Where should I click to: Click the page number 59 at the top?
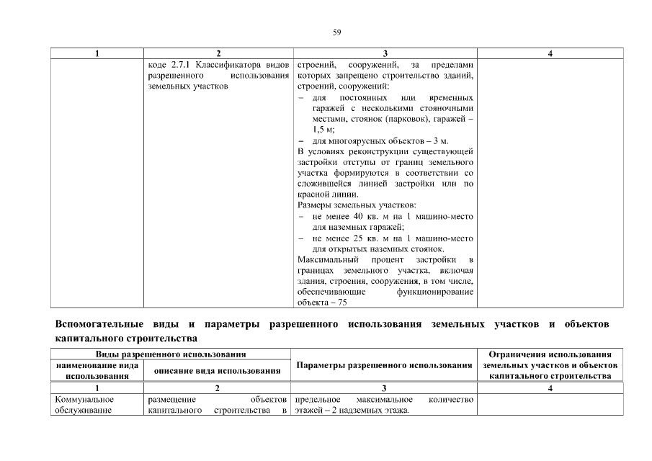point(336,32)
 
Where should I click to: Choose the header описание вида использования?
point(217,371)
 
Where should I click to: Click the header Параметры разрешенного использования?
point(383,365)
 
